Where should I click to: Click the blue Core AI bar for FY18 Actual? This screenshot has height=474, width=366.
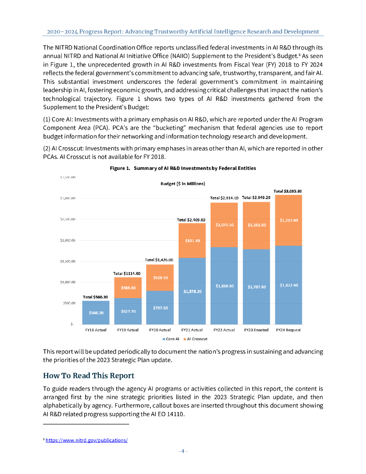96,312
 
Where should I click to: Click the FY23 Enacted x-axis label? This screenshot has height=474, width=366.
256,330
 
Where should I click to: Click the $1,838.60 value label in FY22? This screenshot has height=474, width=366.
224,286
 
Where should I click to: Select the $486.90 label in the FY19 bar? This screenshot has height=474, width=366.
128,287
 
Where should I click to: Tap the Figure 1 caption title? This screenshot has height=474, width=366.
183,168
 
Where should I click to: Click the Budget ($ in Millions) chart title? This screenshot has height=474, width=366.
183,184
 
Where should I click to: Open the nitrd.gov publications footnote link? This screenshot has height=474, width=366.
87,440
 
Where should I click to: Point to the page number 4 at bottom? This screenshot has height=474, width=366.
183,451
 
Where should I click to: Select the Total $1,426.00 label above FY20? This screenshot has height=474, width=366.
159,260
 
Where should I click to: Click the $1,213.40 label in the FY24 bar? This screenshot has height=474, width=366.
288,220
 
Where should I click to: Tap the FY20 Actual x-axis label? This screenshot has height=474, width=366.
160,330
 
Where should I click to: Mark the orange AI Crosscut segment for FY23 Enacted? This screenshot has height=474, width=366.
256,225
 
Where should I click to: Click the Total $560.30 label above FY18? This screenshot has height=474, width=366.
96,296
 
